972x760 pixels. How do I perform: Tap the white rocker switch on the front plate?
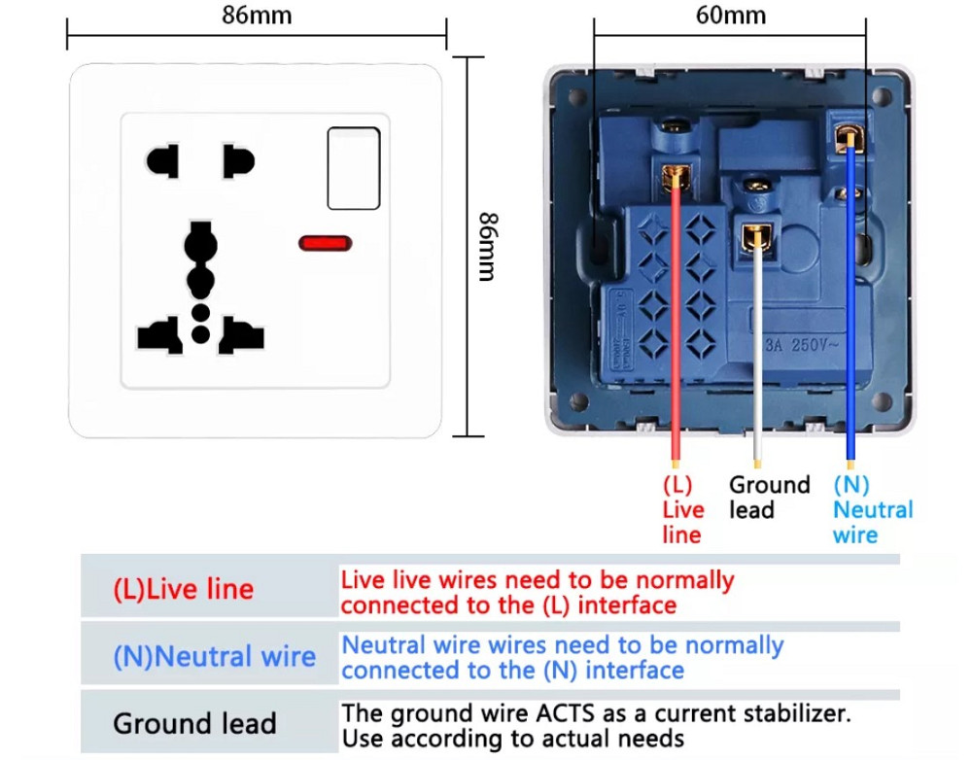pos(353,167)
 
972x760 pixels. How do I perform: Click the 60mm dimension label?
pos(730,16)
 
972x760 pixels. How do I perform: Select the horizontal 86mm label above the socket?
pos(256,16)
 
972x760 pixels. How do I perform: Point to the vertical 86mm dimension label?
pos(488,247)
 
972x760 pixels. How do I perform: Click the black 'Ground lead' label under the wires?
pos(769,497)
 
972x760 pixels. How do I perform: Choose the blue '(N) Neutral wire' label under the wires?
pos(872,509)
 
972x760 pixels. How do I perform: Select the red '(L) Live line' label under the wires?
pos(682,509)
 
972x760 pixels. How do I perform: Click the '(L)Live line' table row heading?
pos(183,589)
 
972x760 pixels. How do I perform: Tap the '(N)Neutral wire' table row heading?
pos(214,656)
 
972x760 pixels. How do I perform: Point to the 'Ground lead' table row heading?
pos(194,723)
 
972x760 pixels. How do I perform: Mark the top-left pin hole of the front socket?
pos(162,160)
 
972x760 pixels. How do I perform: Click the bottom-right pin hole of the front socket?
pos(241,336)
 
